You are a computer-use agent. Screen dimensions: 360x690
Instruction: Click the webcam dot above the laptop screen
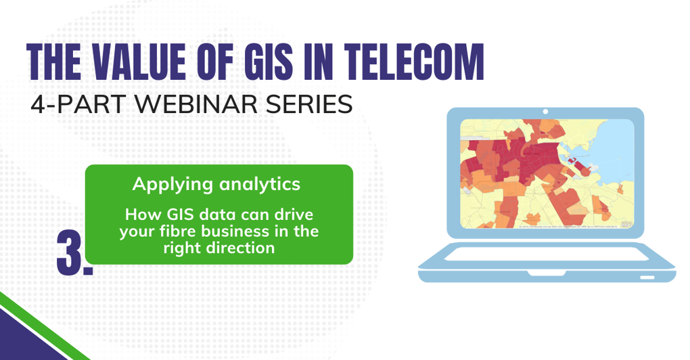[x=545, y=112]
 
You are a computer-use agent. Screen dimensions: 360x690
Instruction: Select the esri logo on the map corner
[x=626, y=224]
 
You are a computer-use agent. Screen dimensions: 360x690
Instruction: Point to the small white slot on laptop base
[x=646, y=277]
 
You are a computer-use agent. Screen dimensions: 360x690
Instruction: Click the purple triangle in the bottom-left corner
[x=24, y=338]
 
